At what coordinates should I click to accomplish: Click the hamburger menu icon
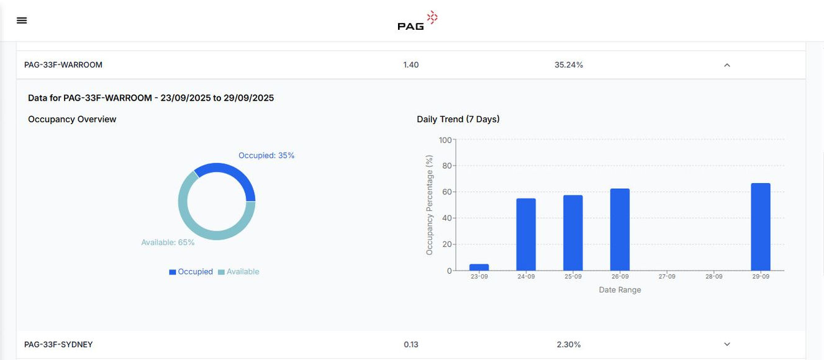pos(22,20)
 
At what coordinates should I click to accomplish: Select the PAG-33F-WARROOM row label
pos(63,65)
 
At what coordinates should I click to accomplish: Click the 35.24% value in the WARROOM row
pos(568,65)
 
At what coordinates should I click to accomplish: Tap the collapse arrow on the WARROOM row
pos(727,65)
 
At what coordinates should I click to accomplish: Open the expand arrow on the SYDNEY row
pos(727,344)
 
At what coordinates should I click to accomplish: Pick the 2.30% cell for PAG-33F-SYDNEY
pos(568,344)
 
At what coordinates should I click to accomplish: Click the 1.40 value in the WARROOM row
pos(411,65)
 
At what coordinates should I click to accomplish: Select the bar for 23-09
pos(479,268)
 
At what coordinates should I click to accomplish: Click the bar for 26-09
pos(620,230)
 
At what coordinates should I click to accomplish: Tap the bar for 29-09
pos(760,227)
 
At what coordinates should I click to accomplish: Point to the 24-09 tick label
pos(526,277)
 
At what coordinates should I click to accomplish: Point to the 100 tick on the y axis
pos(445,140)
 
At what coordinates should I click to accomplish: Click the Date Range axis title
pos(620,290)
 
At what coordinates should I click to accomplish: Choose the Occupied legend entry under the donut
pos(191,272)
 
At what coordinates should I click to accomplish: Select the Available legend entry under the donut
pos(239,272)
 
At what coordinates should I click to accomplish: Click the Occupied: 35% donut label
pos(266,156)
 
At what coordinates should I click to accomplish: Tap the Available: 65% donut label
pos(168,243)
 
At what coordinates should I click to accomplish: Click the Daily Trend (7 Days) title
pos(458,119)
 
